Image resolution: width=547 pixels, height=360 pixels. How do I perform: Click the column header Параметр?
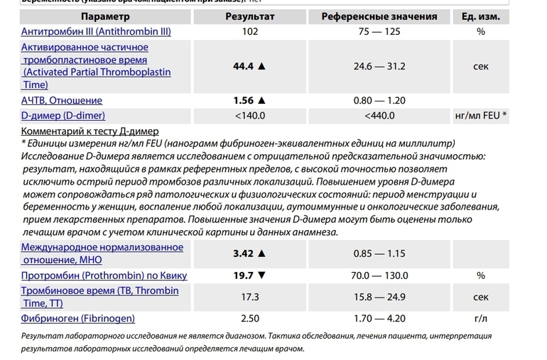coord(105,16)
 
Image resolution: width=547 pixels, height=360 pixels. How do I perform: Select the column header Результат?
coord(249,16)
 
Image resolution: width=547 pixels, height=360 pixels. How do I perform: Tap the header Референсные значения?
coord(380,16)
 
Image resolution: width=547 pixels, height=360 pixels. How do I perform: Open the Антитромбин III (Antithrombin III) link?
coord(96,31)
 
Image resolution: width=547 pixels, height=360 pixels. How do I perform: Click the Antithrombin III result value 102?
coord(249,31)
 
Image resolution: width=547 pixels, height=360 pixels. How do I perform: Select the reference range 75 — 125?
coord(380,31)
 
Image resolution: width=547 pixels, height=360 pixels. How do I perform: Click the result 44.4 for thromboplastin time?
coord(244,66)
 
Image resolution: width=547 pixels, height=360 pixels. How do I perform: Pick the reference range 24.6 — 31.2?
coord(380,66)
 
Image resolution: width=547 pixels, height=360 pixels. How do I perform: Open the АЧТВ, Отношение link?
coord(62,100)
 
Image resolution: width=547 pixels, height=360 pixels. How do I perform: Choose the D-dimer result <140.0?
coord(249,116)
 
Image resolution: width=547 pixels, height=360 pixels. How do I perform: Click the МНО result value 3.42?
coord(244,252)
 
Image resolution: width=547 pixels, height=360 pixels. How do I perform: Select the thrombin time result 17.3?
coord(249,296)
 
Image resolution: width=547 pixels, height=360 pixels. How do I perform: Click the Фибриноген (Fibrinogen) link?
coord(78,318)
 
